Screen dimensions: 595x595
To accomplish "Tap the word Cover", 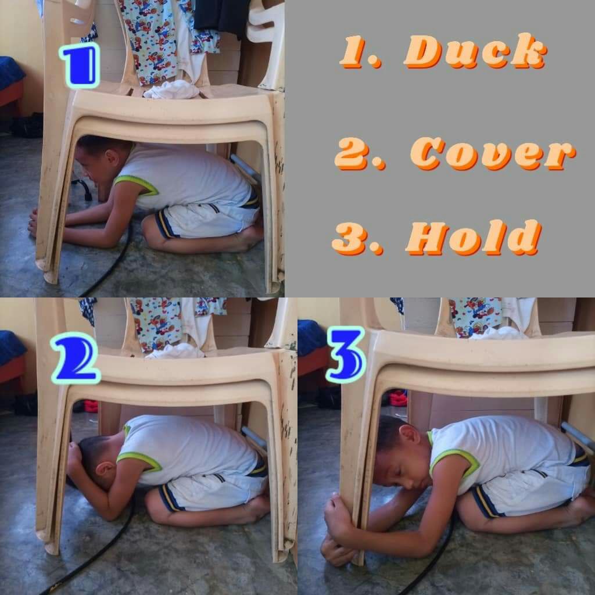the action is [x=493, y=153].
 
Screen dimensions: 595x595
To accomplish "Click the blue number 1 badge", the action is [x=80, y=65].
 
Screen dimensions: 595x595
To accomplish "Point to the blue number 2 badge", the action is [x=76, y=358].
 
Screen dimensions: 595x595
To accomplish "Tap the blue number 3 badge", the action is [x=346, y=355].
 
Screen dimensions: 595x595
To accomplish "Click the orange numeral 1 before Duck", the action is [x=360, y=51].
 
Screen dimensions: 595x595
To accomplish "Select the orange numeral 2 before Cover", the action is [x=359, y=153].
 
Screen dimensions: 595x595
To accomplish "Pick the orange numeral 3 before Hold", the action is [x=357, y=238].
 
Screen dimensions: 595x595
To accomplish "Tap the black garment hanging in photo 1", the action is [x=223, y=15].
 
